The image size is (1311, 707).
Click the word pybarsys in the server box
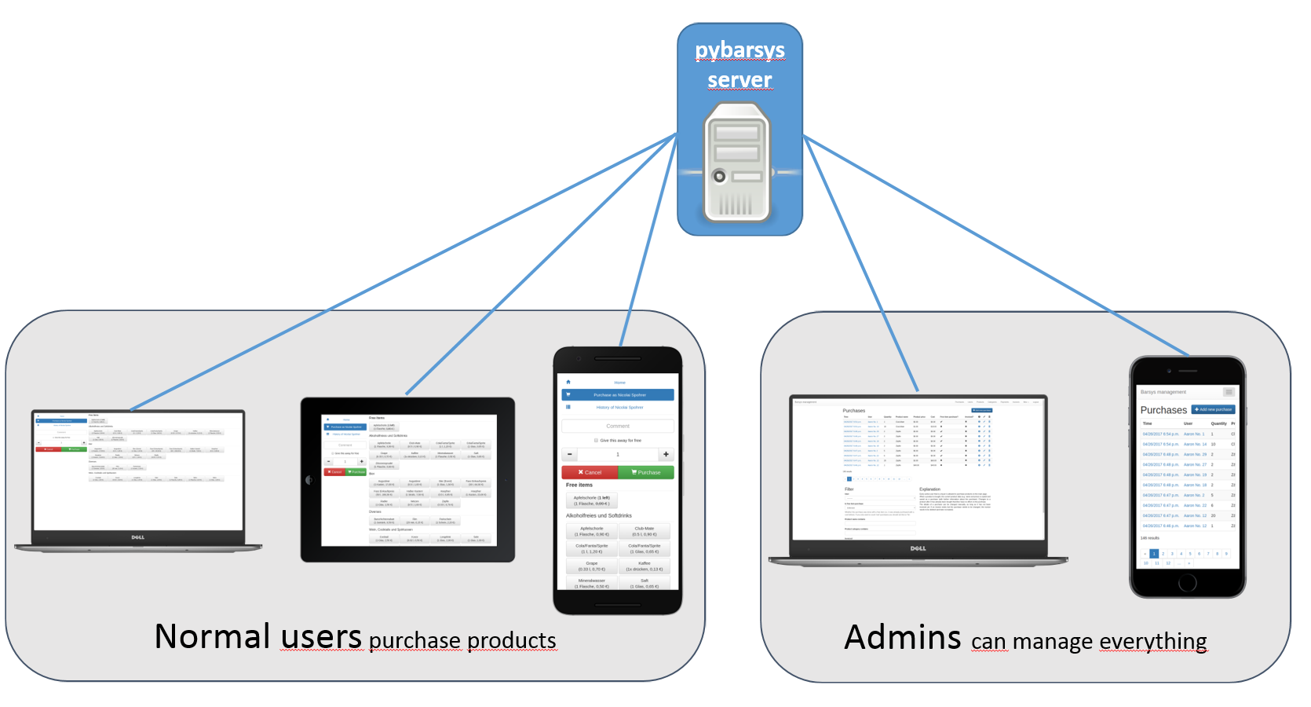(739, 50)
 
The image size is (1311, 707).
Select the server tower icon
(736, 163)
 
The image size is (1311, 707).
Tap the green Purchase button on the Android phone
(645, 472)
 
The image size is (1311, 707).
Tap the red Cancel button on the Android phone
(590, 472)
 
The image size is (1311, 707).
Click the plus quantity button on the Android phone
(666, 454)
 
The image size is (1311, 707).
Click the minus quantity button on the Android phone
(570, 454)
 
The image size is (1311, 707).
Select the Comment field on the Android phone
(617, 426)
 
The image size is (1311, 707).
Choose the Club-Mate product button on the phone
(644, 531)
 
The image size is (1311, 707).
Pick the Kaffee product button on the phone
(644, 566)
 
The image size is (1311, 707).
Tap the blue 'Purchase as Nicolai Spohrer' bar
(618, 394)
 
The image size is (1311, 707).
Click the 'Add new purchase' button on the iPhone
(1213, 409)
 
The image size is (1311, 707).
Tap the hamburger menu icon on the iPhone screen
(1229, 392)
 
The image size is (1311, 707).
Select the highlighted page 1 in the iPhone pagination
(1154, 554)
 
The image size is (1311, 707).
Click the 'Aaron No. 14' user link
(1195, 444)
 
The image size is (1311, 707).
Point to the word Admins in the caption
(902, 638)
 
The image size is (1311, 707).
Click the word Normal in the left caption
(213, 636)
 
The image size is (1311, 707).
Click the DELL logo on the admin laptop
(918, 548)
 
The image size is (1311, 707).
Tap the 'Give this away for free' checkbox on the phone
(597, 441)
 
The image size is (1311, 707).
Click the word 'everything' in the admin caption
(1152, 642)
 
